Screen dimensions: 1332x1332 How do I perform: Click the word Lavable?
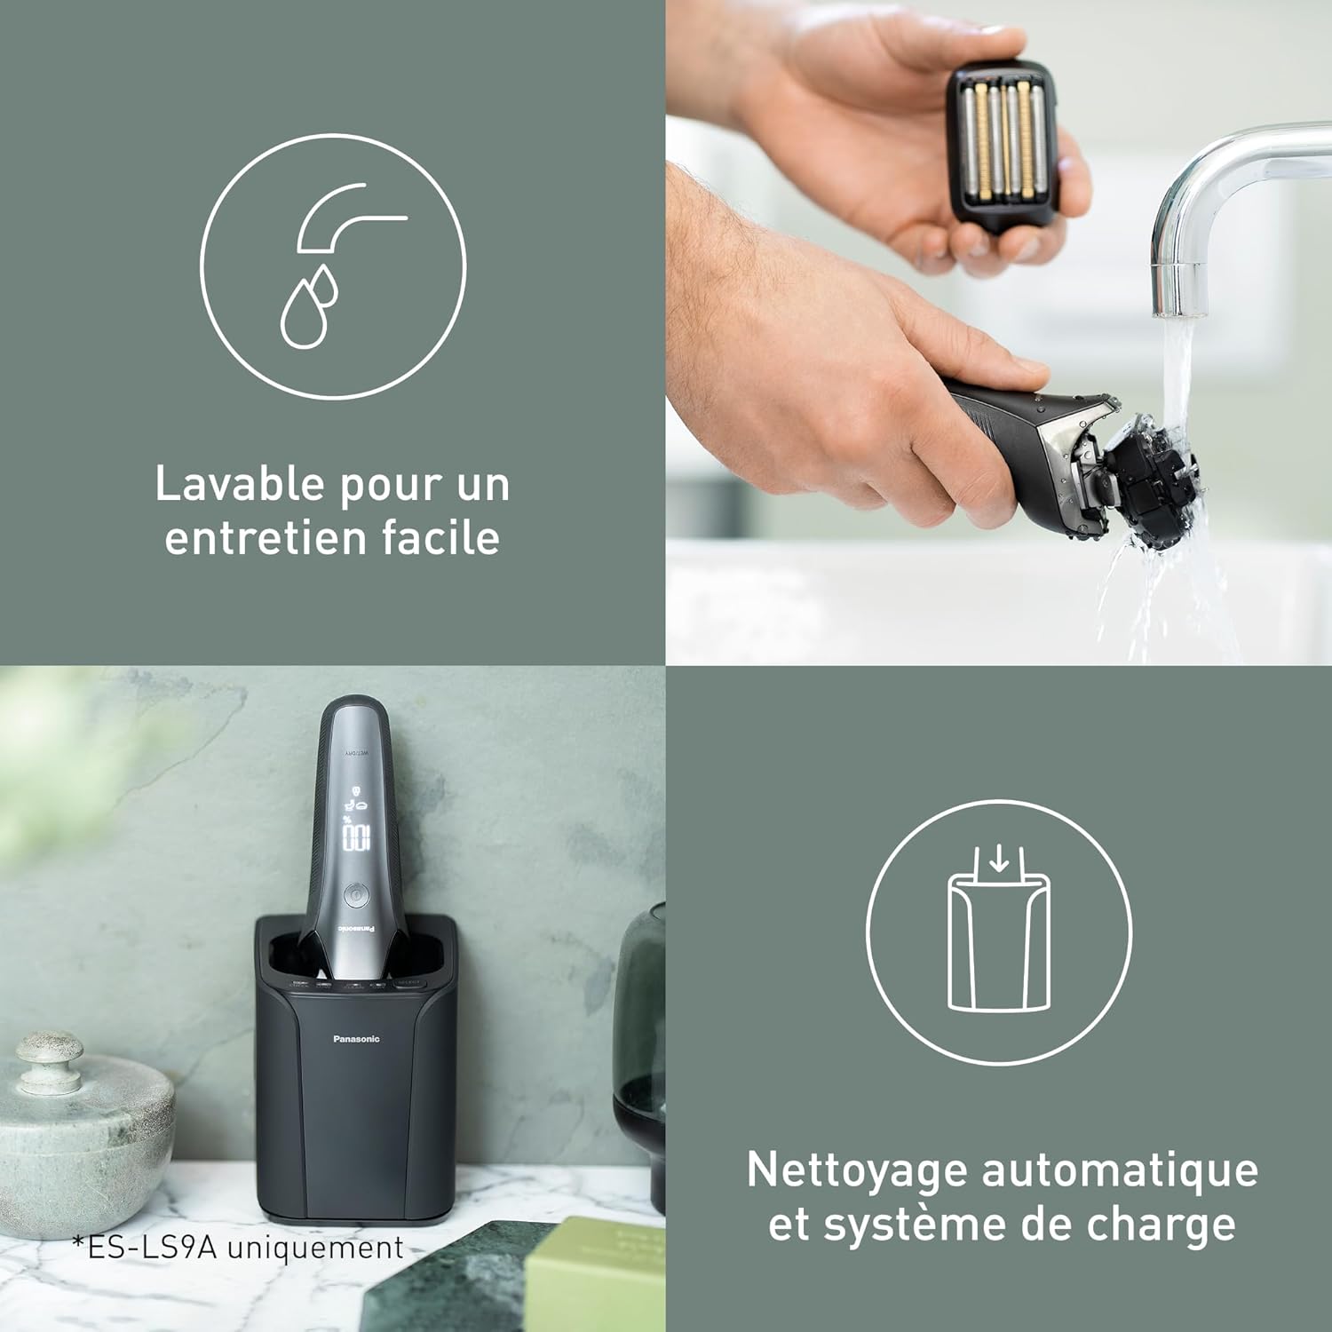click(239, 485)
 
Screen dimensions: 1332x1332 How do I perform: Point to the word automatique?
click(1121, 1170)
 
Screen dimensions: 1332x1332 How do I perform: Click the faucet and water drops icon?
click(333, 266)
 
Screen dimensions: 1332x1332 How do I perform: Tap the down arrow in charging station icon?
click(1000, 858)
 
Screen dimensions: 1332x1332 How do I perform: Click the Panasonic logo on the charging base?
click(356, 1039)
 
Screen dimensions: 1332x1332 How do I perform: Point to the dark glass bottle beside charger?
click(639, 1057)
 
